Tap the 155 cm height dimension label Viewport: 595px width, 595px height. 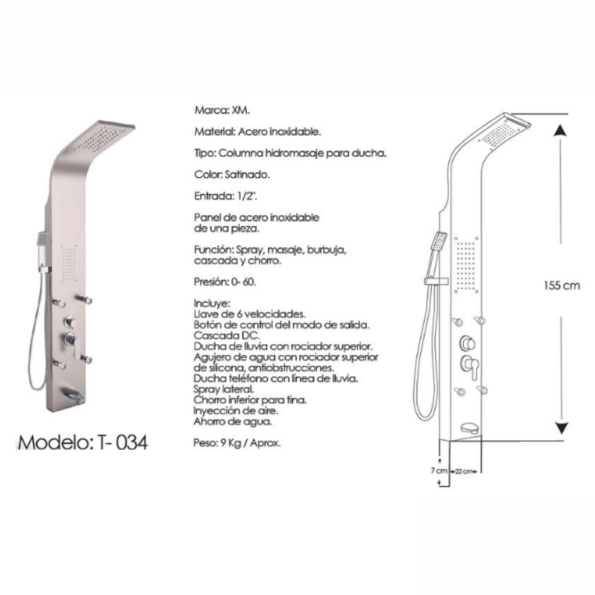click(562, 286)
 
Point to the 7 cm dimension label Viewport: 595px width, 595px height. click(439, 471)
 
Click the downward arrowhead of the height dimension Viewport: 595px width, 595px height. click(561, 428)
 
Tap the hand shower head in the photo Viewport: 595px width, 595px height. click(42, 240)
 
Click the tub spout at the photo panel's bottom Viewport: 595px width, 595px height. click(74, 395)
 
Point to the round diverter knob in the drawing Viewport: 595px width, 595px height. click(468, 343)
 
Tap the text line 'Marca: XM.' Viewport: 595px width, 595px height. click(222, 110)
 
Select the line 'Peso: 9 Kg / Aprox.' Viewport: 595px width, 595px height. click(237, 443)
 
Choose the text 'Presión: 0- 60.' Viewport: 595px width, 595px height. click(225, 282)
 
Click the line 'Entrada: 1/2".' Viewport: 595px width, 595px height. click(223, 196)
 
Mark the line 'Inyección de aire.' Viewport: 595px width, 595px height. click(236, 411)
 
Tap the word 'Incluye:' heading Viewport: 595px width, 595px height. click(212, 303)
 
